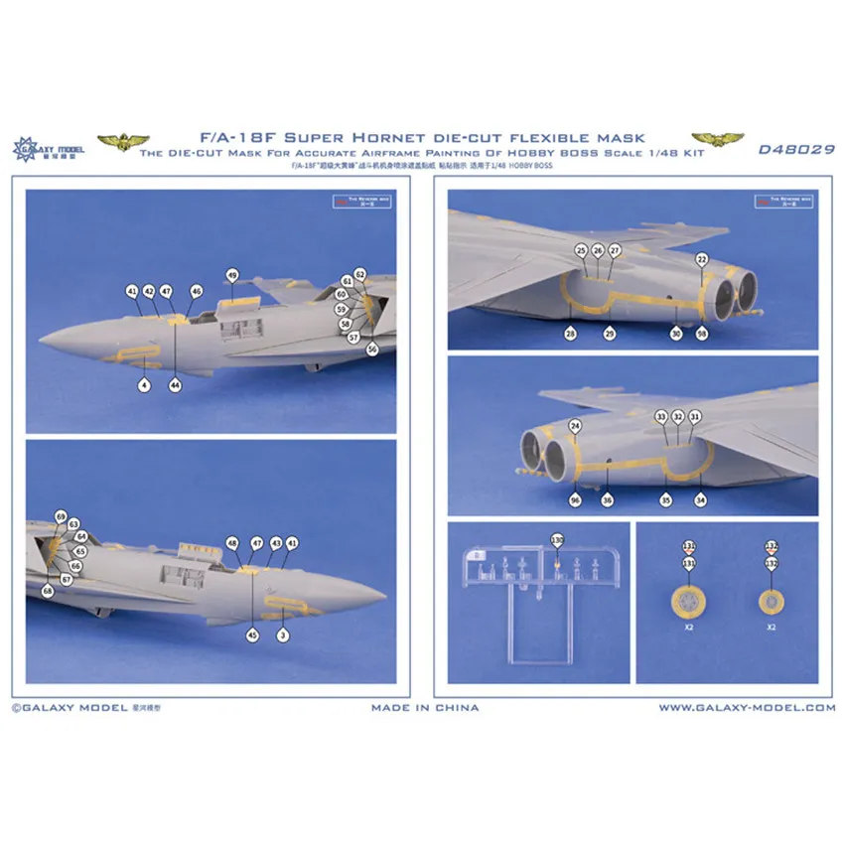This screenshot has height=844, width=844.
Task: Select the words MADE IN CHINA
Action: [425, 708]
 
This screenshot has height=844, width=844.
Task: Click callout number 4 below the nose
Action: [143, 384]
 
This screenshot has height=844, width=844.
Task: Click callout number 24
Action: [575, 427]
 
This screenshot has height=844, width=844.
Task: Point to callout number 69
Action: [61, 517]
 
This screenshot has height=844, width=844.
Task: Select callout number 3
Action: [283, 633]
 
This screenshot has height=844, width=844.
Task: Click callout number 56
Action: [372, 349]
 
